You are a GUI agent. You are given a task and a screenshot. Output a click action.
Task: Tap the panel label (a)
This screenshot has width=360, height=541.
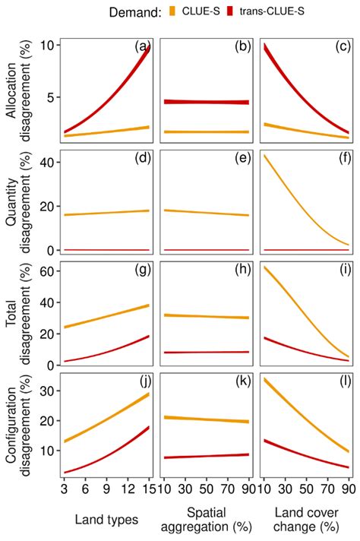[142, 47]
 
